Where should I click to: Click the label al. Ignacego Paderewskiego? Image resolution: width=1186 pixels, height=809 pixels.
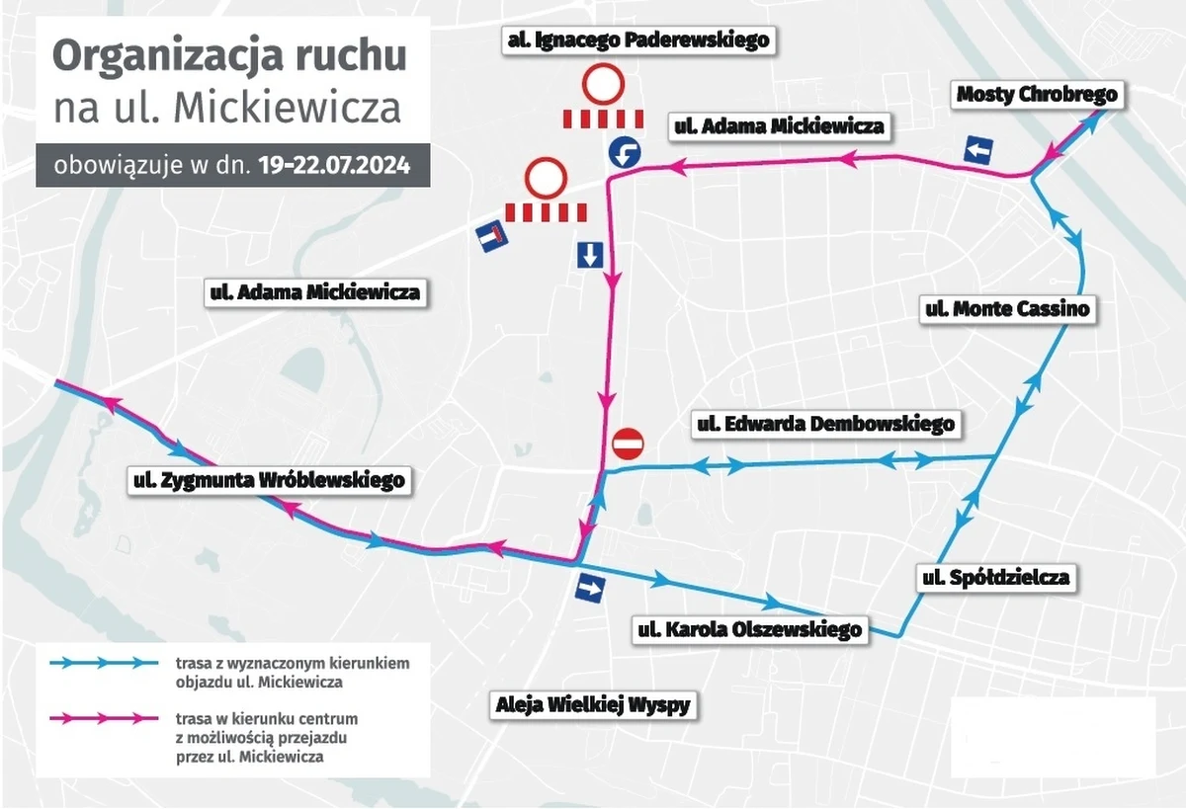637,40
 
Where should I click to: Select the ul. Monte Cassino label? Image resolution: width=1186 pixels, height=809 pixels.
1007,309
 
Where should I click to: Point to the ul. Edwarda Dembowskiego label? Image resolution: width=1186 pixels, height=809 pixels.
825,424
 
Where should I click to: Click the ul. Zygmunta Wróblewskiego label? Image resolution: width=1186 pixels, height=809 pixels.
269,481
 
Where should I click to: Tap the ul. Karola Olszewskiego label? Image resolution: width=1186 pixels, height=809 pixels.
750,629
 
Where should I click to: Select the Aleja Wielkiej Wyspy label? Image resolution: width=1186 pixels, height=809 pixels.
592,705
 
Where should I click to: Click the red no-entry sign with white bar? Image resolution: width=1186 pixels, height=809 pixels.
627,444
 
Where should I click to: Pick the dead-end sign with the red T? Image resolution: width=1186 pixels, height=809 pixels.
490,238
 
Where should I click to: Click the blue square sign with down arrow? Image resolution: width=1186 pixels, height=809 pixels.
589,256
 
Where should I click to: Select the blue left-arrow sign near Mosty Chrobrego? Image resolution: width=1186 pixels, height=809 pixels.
979,151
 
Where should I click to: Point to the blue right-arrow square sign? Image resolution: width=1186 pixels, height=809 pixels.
591,590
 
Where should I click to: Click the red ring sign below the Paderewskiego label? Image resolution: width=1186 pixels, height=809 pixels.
601,85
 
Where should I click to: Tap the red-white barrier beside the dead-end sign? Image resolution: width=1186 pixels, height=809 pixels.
546,211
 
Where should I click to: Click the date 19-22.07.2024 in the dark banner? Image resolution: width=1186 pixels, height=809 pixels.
334,165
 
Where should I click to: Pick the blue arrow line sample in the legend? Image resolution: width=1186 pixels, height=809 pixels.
105,663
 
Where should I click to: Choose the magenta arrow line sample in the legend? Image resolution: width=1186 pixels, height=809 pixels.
105,717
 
